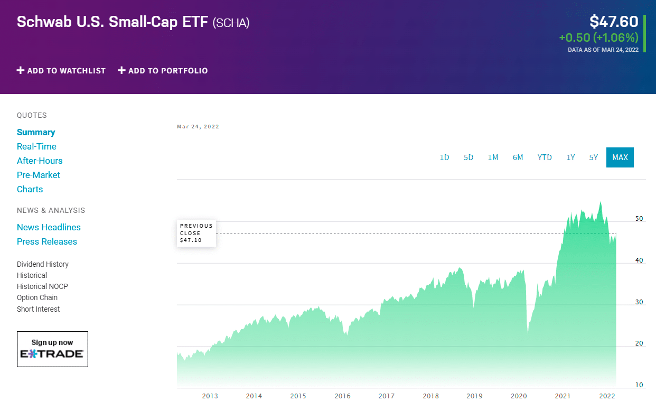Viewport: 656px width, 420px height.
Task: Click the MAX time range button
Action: (x=620, y=157)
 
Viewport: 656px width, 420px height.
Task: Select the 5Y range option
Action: (x=594, y=157)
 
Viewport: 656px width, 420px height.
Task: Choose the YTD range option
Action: (x=545, y=157)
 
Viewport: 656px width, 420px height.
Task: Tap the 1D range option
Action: (x=444, y=157)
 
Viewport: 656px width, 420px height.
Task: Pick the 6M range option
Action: (x=518, y=157)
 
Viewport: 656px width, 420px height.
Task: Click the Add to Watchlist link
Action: (x=61, y=71)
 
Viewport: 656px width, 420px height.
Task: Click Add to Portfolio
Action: (x=163, y=71)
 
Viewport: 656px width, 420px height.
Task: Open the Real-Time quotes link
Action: (x=36, y=146)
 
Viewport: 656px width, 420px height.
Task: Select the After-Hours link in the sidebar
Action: (x=40, y=161)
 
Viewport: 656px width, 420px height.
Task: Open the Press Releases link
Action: (x=47, y=241)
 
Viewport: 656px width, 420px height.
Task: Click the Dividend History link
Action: (x=43, y=264)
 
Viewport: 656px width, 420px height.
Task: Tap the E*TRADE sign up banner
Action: (x=52, y=349)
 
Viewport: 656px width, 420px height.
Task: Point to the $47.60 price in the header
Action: (x=614, y=22)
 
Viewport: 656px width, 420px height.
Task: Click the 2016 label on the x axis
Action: (x=342, y=396)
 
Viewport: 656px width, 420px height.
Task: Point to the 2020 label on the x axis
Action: (x=519, y=396)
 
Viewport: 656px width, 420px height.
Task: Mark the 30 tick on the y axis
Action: (x=639, y=302)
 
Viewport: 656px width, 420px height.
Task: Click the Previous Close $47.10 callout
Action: (x=196, y=233)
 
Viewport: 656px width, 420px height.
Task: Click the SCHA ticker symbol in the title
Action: (x=231, y=23)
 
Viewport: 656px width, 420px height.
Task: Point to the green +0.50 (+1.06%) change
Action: (x=598, y=38)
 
